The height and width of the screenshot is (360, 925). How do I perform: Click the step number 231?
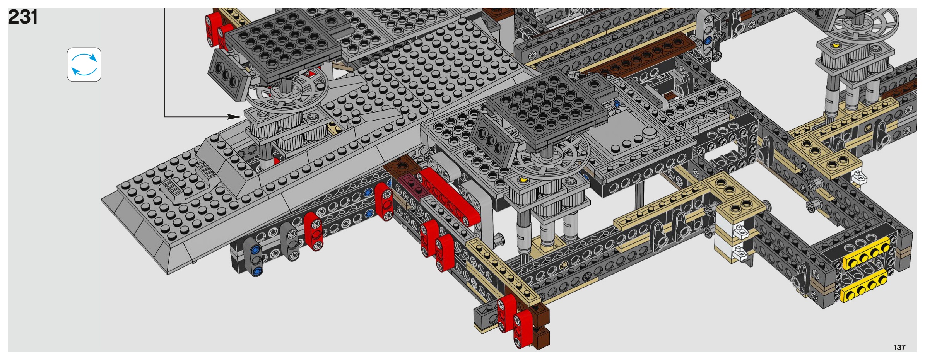tap(23, 17)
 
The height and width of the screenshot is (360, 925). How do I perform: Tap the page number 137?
tap(899, 347)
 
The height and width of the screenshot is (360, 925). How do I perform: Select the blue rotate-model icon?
tap(84, 65)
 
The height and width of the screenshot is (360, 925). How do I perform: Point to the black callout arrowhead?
tap(235, 117)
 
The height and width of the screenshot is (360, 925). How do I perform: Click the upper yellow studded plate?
tap(867, 254)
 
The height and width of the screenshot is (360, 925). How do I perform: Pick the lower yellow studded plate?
tap(864, 286)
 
